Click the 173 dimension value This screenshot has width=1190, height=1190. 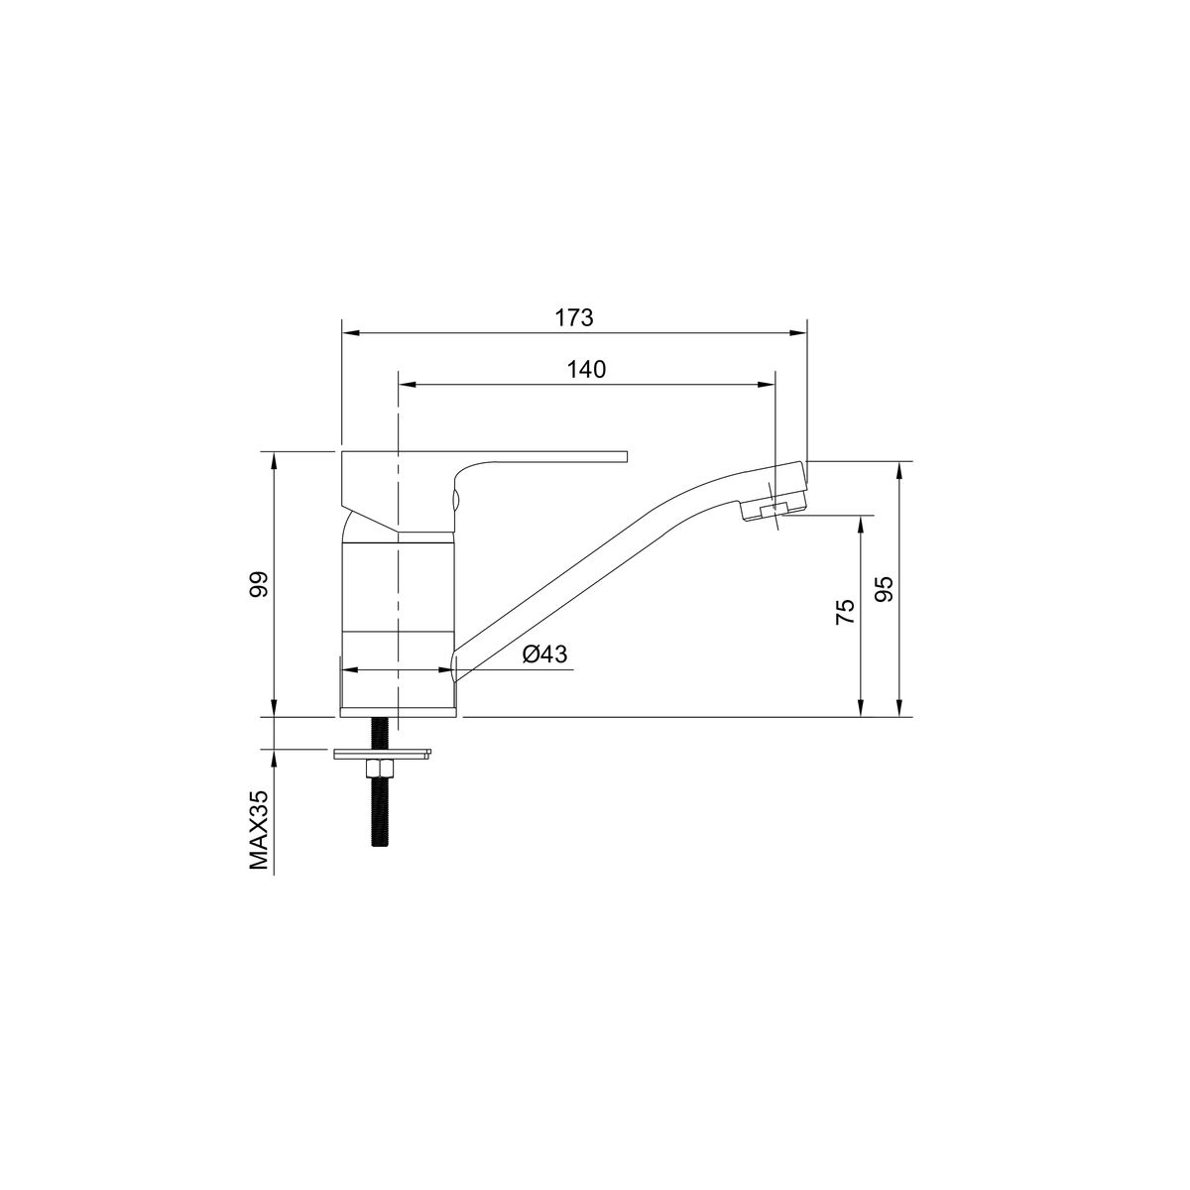pos(574,317)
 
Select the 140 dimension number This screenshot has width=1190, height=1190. pos(587,369)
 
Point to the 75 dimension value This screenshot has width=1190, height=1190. pos(846,612)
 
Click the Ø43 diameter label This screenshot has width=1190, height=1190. pos(544,654)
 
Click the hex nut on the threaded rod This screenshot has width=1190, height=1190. pos(379,769)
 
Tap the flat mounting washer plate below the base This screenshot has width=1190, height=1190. pos(382,754)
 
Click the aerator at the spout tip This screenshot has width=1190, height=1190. pos(775,509)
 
